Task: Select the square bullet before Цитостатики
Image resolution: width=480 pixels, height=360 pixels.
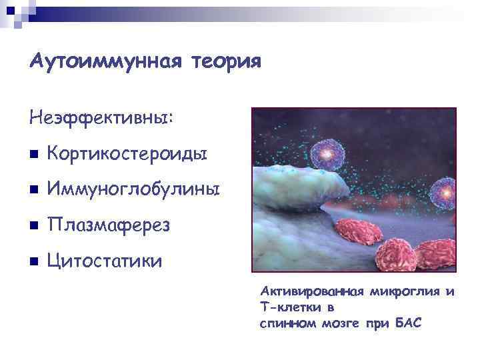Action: (x=34, y=261)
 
